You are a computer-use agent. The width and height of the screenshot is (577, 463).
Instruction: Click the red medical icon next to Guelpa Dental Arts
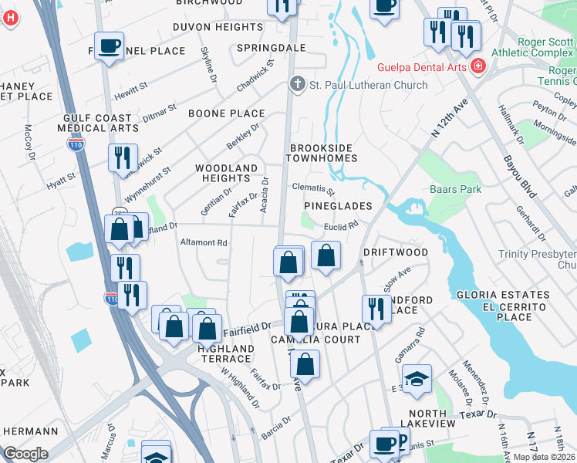point(479,67)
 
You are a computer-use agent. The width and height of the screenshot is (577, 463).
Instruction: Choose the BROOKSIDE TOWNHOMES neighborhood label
point(323,153)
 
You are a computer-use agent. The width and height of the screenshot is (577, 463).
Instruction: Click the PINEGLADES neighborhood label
point(338,206)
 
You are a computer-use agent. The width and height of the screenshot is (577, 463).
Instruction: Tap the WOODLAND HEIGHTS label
point(226,173)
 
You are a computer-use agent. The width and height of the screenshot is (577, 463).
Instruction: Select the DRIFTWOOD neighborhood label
point(396,252)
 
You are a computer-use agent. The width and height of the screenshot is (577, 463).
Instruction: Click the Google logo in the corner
point(25,454)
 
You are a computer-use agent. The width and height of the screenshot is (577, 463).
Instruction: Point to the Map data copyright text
point(544,457)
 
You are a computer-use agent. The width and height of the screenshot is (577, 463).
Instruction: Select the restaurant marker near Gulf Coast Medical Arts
point(123,158)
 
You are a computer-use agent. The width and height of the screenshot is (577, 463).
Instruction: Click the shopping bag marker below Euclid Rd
point(326,255)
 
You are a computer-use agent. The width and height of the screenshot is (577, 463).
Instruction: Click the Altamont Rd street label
point(203,242)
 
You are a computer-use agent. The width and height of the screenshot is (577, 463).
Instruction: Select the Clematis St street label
point(313,189)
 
